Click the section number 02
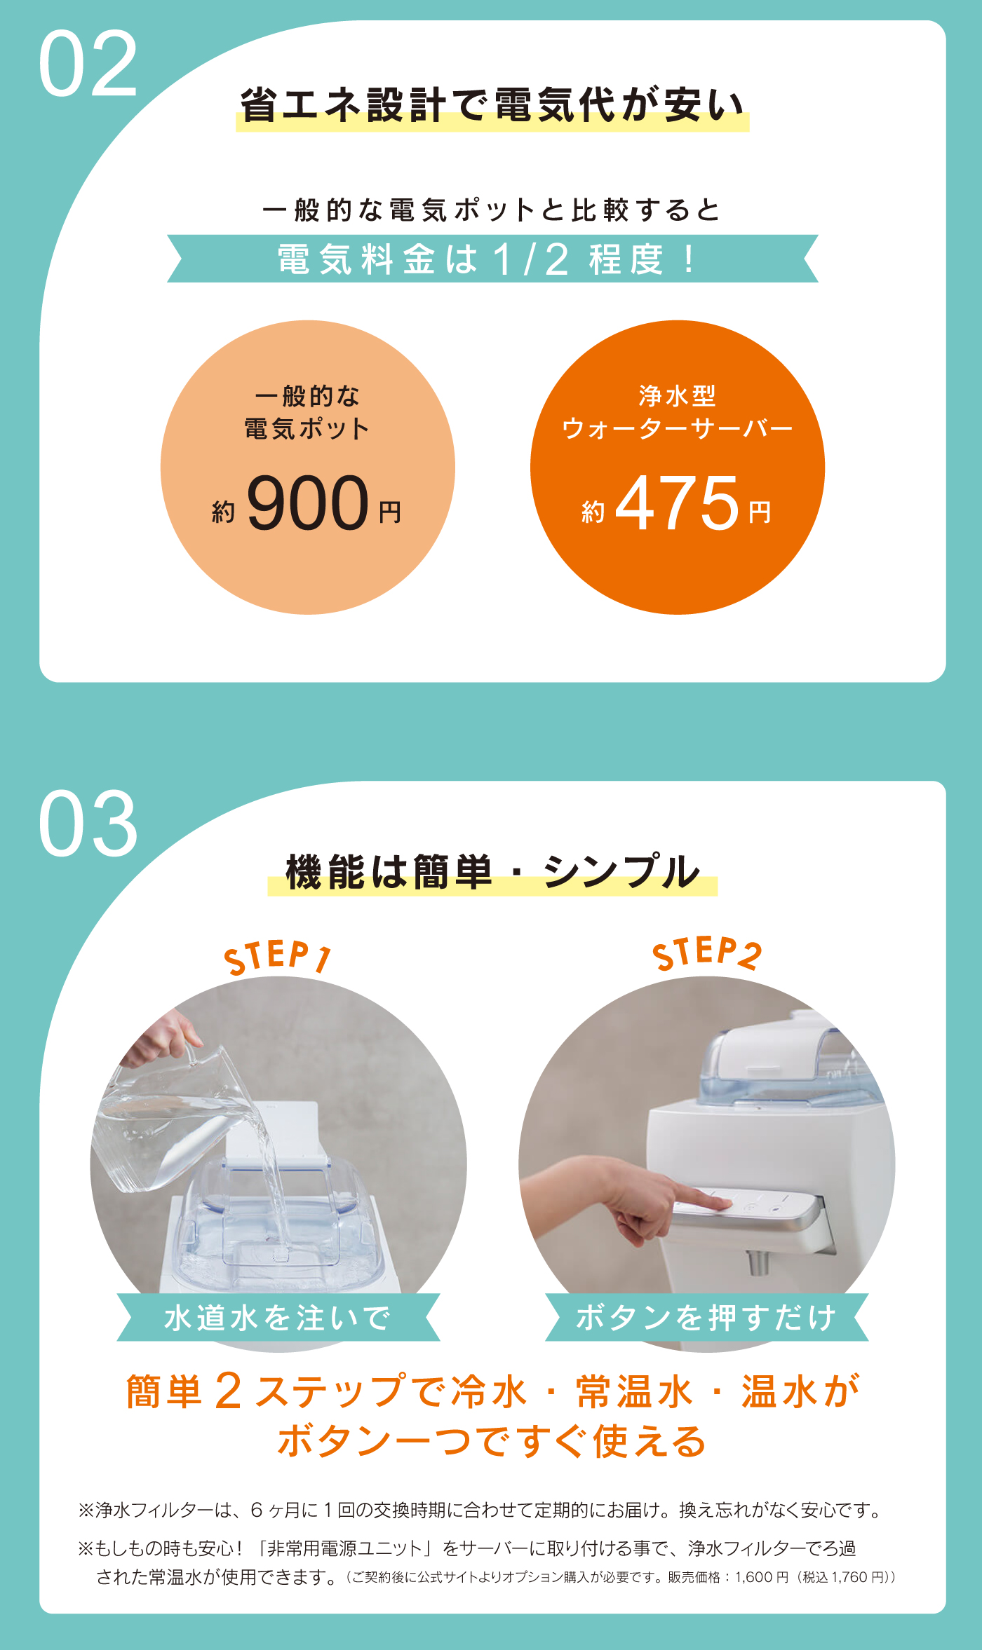coord(88,64)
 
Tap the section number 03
coord(88,824)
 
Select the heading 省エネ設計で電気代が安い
coord(492,105)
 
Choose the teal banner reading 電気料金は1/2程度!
coord(492,259)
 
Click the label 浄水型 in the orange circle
coord(677,396)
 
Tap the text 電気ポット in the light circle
coord(307,428)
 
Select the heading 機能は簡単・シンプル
coord(492,872)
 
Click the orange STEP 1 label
coord(278,957)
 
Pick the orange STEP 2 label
coord(706,953)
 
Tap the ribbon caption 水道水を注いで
coord(278,1317)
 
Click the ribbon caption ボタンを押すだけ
coord(706,1317)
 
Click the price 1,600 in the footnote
coord(753,1577)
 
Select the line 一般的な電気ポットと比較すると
coord(491,210)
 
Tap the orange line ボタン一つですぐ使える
coord(491,1442)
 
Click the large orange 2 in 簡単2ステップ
coord(229,1391)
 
